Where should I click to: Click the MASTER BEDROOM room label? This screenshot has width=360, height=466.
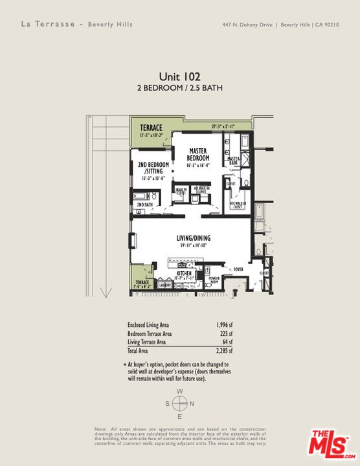[198, 154]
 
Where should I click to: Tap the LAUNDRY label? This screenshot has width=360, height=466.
[164, 285]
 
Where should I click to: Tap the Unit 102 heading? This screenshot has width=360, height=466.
[179, 76]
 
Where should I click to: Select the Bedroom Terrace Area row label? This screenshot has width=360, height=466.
[149, 333]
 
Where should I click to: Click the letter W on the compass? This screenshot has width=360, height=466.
[180, 392]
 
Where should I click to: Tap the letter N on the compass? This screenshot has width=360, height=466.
[193, 404]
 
